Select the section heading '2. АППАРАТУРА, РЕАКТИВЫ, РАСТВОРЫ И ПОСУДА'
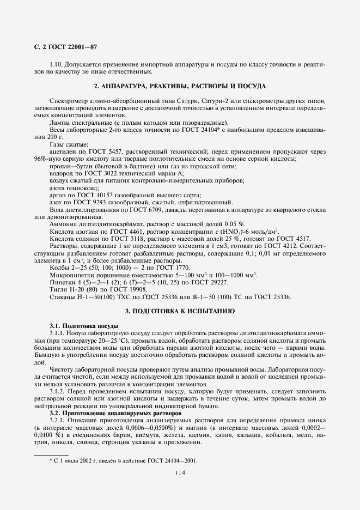pos(180,86)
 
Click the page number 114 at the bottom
pos(180,473)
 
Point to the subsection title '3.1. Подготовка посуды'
pos(83,326)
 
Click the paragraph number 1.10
pos(57,64)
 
